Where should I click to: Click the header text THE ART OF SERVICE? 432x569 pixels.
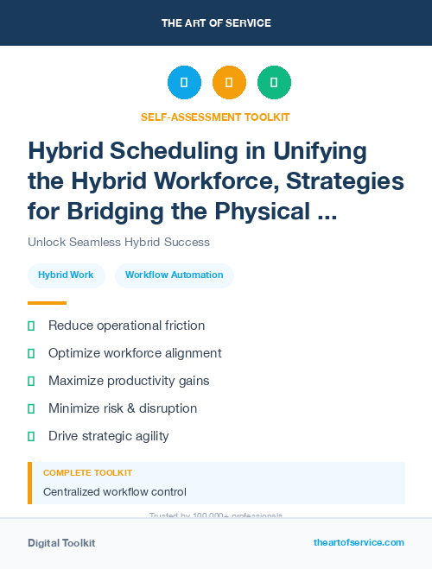pyautogui.click(x=216, y=23)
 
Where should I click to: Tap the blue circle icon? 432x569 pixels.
pyautogui.click(x=184, y=83)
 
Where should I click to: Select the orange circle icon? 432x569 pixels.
pyautogui.click(x=229, y=83)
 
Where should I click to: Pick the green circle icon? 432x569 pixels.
pyautogui.click(x=274, y=83)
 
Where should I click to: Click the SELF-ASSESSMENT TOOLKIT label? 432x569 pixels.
pyautogui.click(x=215, y=117)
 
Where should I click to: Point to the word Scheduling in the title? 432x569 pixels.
pyautogui.click(x=173, y=151)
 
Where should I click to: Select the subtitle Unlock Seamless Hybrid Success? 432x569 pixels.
pyautogui.click(x=118, y=242)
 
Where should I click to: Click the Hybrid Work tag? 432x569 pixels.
pyautogui.click(x=66, y=275)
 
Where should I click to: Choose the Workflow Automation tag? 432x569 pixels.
pyautogui.click(x=174, y=275)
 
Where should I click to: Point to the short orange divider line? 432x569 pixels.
pyautogui.click(x=47, y=303)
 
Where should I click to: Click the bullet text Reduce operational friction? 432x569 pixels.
pyautogui.click(x=126, y=326)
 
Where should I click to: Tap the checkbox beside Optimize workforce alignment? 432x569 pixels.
pyautogui.click(x=31, y=353)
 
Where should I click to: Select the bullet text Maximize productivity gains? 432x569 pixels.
pyautogui.click(x=129, y=381)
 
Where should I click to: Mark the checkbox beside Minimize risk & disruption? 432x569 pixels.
pyautogui.click(x=31, y=408)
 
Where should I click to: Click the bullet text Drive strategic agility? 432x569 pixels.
pyautogui.click(x=108, y=436)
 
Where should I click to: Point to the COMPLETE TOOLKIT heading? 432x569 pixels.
pyautogui.click(x=87, y=473)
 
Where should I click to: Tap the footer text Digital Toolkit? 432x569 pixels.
pyautogui.click(x=61, y=543)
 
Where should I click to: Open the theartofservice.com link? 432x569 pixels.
pyautogui.click(x=359, y=542)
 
